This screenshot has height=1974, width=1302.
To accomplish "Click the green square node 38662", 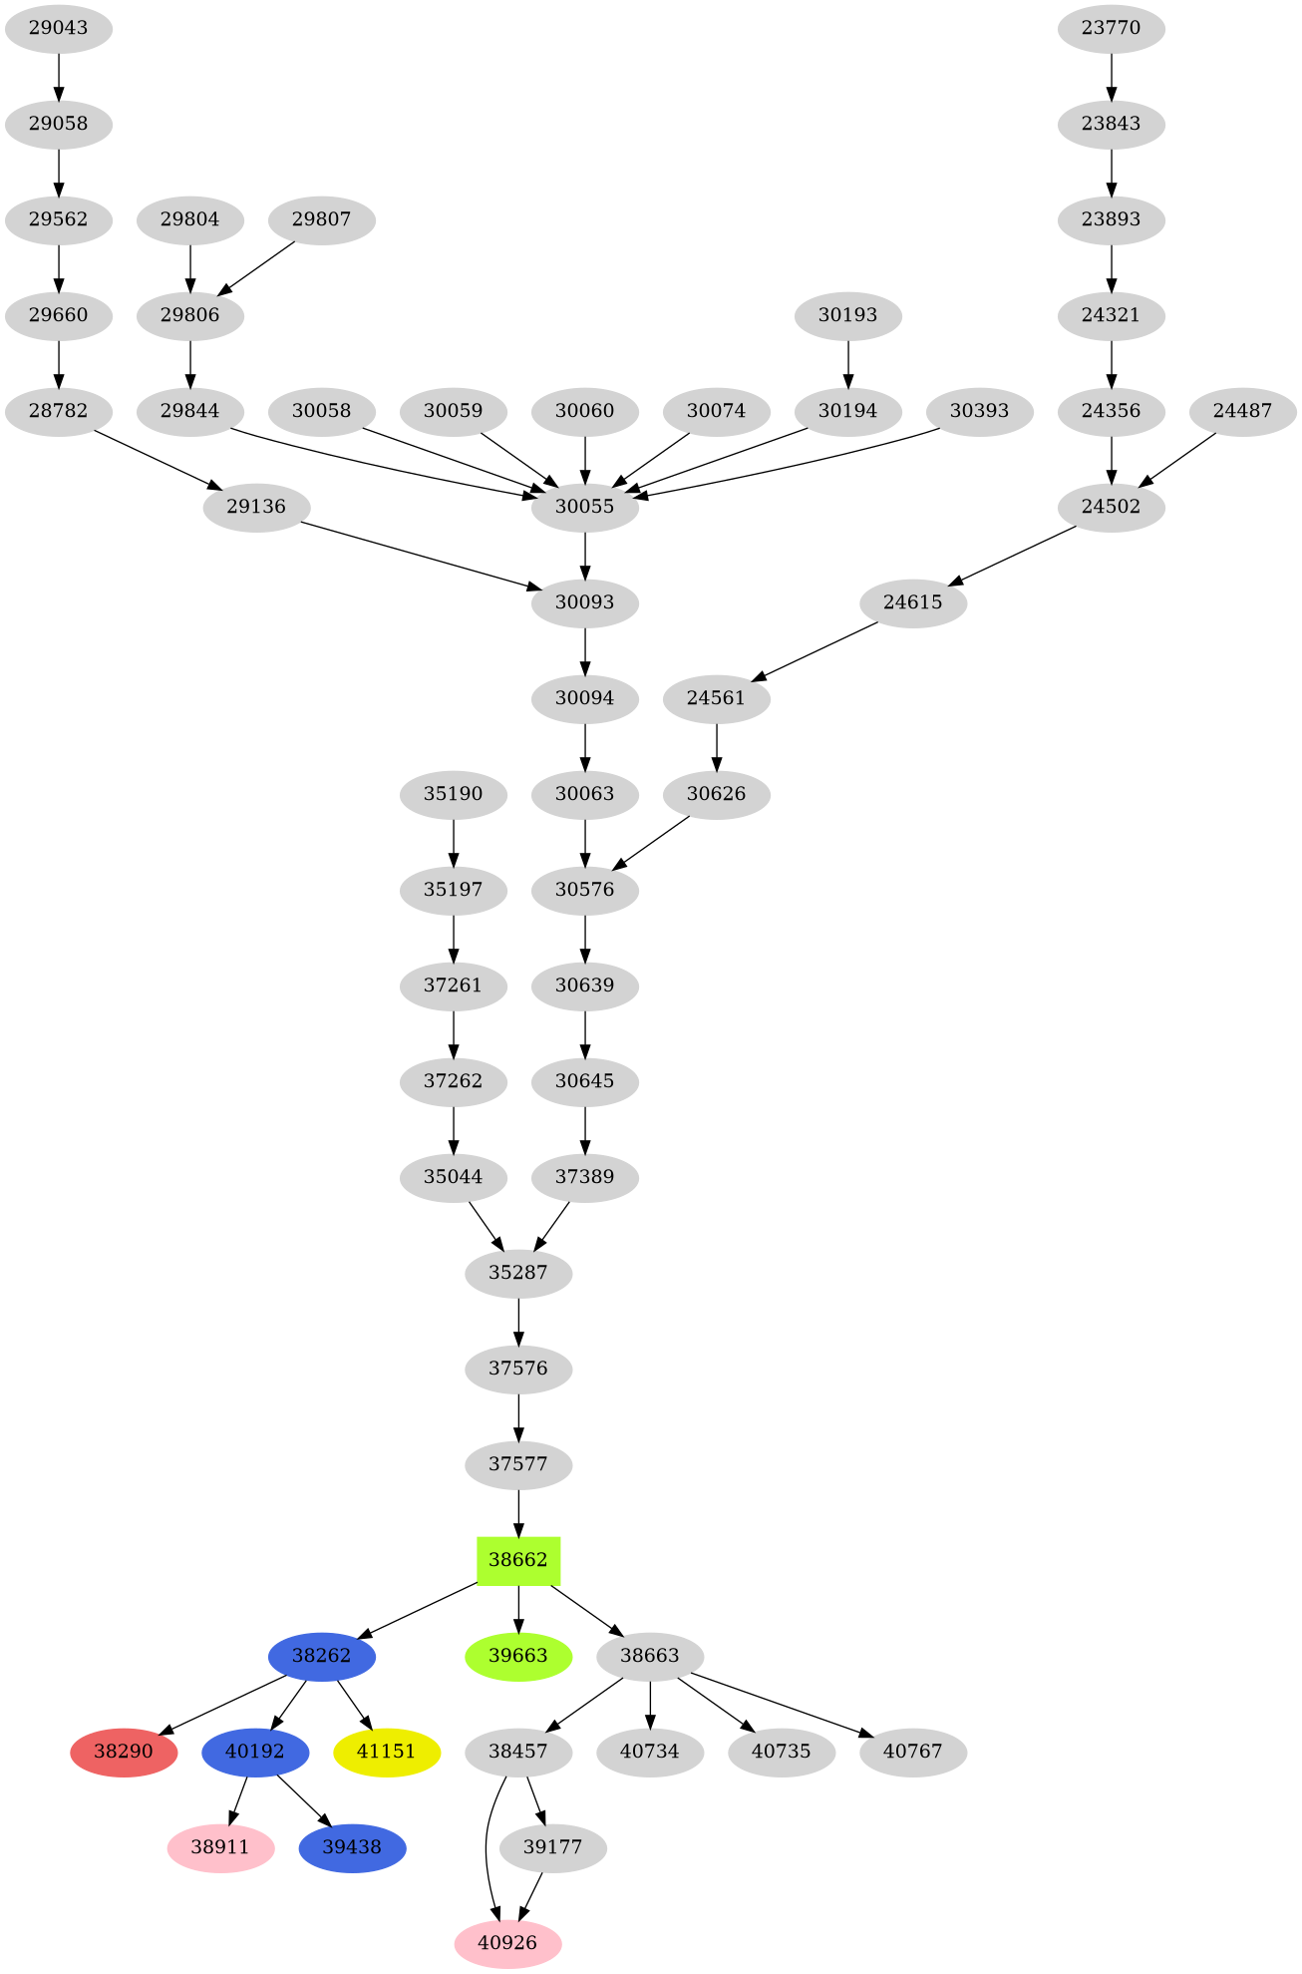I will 517,1560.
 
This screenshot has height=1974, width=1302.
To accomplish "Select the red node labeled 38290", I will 124,1752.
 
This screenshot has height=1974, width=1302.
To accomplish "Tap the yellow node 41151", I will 386,1752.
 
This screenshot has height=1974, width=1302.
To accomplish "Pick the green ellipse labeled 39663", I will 517,1656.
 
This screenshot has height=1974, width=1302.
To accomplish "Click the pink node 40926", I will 507,1943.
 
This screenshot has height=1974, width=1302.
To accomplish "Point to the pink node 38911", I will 220,1847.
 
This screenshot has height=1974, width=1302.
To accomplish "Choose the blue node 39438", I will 352,1847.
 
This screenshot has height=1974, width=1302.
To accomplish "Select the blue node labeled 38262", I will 321,1656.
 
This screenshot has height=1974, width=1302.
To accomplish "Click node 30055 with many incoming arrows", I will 584,507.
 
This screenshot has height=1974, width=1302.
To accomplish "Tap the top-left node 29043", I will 58,28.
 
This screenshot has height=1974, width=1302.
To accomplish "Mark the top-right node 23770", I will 1111,28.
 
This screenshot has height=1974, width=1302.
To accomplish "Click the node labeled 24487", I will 1242,411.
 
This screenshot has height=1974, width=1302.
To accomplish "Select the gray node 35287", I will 517,1273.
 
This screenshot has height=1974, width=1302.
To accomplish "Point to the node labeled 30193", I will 847,315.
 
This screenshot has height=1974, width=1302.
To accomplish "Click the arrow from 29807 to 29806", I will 256,267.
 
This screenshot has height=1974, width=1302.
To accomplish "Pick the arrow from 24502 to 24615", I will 1012,555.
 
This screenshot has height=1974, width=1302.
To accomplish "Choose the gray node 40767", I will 912,1752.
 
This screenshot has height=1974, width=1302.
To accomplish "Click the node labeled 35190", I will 453,794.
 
